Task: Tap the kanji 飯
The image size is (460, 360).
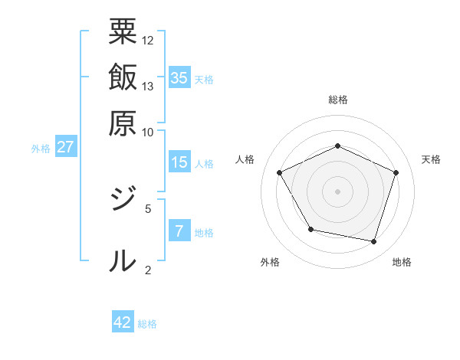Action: click(x=123, y=77)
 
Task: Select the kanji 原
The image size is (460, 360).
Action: click(x=123, y=123)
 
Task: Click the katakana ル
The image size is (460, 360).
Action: click(x=123, y=260)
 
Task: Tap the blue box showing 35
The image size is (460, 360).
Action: click(x=179, y=77)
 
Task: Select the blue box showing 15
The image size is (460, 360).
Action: click(x=179, y=162)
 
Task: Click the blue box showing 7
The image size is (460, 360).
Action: click(x=179, y=231)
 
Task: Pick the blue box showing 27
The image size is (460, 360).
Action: click(x=65, y=146)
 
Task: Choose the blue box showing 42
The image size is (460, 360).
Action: click(x=123, y=322)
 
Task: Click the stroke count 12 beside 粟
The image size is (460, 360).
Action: click(x=148, y=40)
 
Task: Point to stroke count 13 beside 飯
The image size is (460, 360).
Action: click(x=148, y=86)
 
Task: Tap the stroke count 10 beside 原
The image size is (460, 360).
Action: click(x=148, y=131)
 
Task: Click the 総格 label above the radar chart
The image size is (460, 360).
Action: click(x=337, y=100)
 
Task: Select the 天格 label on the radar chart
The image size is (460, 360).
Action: click(x=431, y=159)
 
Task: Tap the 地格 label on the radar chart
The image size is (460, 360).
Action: click(x=402, y=262)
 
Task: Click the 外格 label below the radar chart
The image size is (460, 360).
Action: click(x=270, y=262)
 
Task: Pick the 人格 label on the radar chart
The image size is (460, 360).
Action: click(x=245, y=159)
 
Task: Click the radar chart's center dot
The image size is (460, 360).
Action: click(x=337, y=191)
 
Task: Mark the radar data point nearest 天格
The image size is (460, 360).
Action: click(x=396, y=172)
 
